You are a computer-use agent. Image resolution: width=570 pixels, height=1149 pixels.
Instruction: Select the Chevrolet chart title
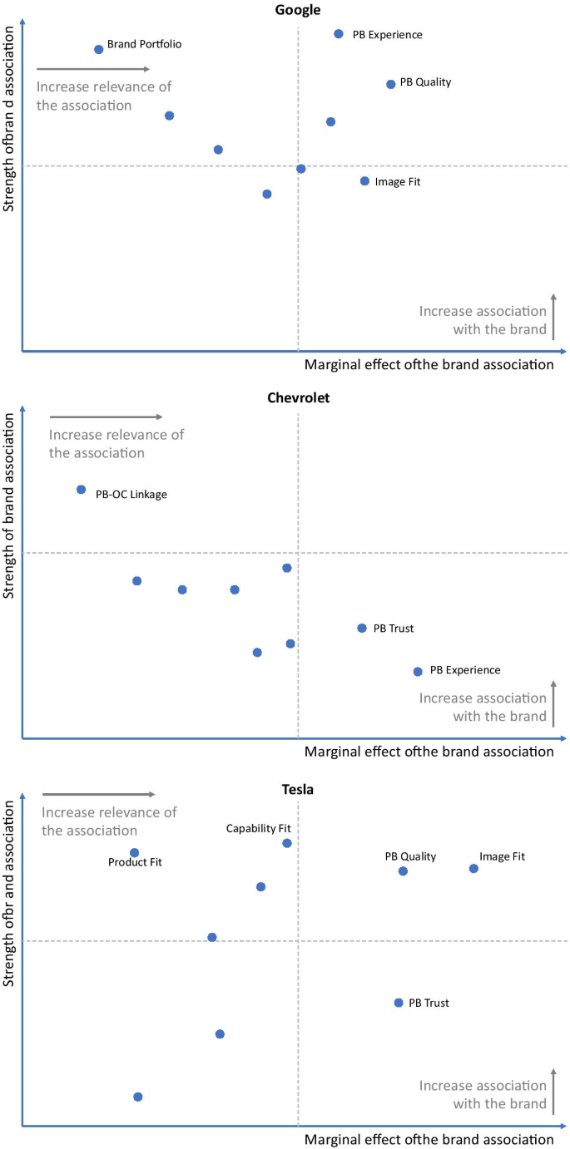pos(298,397)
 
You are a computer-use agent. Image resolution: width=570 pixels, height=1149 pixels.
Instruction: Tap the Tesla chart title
pos(298,789)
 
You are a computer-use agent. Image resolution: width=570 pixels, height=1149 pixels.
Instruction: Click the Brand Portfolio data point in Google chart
pos(99,49)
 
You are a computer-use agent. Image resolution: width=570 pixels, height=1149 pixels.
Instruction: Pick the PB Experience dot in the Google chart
pos(339,34)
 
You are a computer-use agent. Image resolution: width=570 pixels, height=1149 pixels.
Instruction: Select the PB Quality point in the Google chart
pos(390,84)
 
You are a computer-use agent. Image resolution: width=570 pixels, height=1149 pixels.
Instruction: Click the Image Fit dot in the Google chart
pos(364,181)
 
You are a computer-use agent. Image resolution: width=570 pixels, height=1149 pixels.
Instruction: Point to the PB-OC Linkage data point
pos(81,490)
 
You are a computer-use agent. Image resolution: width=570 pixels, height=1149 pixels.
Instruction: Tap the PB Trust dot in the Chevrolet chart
pos(362,628)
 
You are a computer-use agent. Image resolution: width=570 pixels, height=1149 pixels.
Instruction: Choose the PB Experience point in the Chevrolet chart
pos(418,671)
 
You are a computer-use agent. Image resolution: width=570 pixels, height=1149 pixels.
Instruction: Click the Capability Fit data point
pos(287,843)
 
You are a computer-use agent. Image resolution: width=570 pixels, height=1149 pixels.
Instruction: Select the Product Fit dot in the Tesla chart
pos(135,852)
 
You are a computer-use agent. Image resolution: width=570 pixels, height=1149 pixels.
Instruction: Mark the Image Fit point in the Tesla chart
pos(473,868)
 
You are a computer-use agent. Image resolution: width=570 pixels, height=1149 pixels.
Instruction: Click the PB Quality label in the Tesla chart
pos(409,856)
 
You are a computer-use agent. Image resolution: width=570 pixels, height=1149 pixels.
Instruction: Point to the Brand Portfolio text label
pos(144,44)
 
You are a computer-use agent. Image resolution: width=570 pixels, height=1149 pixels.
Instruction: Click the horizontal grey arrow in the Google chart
pos(93,69)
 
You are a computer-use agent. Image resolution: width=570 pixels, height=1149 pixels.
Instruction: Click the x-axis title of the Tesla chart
pos(429,1139)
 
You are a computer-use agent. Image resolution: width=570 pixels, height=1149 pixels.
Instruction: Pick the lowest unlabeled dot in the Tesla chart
pos(138,1097)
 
